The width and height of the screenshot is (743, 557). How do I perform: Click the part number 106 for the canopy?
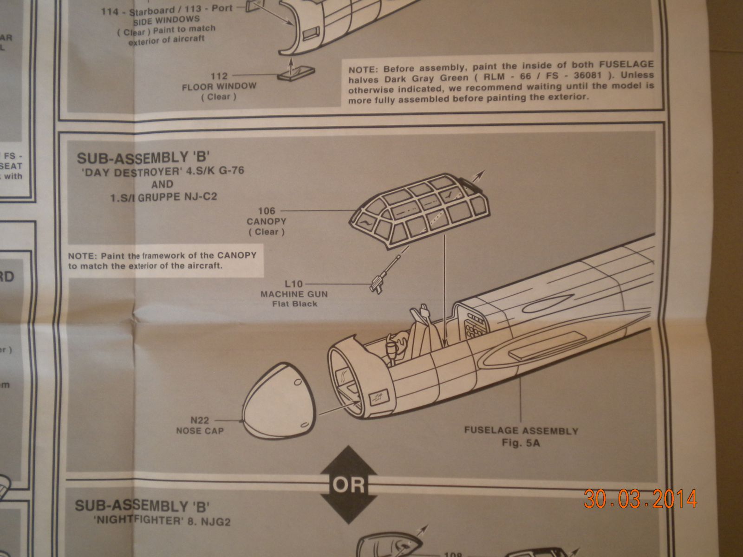coord(266,211)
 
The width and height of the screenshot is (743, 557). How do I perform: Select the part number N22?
coord(200,421)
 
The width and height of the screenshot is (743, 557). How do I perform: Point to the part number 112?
coord(219,76)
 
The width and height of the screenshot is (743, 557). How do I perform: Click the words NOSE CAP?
coord(200,431)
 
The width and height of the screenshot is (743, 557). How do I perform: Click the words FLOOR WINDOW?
coord(219,86)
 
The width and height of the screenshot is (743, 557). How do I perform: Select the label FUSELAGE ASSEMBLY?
coord(521,431)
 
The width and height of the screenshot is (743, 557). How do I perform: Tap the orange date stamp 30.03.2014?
coord(640,499)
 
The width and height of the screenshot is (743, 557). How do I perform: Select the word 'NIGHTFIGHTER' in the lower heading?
coord(137,521)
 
